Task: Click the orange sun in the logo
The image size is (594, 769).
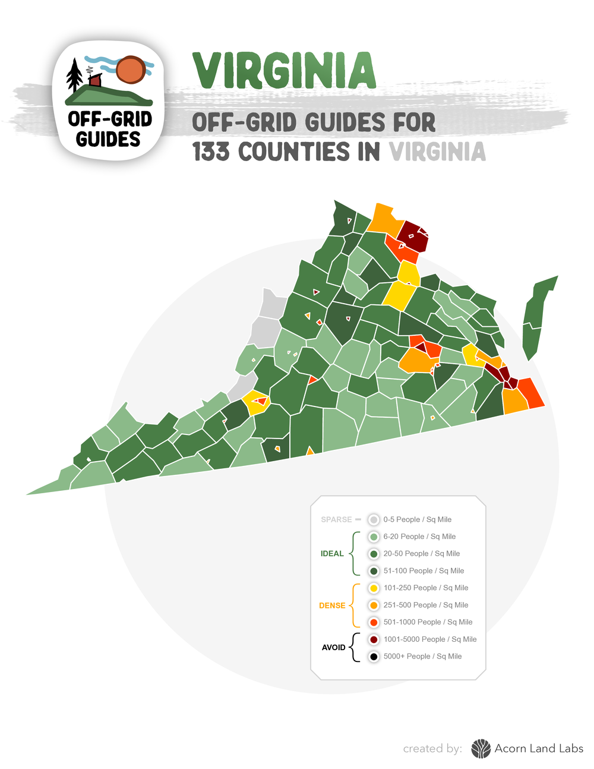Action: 131,70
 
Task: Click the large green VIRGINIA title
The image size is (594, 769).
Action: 285,71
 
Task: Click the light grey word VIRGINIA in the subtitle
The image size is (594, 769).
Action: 437,152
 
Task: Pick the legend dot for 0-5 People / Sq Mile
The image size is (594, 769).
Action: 374,519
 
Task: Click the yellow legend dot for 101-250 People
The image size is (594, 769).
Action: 374,588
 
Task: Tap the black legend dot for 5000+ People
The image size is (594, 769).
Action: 374,656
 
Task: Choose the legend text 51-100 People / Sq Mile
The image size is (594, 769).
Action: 424,571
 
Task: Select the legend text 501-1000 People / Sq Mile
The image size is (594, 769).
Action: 428,622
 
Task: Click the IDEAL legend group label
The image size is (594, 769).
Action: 332,553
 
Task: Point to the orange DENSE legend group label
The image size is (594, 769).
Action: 332,606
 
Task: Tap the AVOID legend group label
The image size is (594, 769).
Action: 333,647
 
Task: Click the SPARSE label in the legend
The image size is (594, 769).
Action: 336,519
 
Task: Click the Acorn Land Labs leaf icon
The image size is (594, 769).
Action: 481,749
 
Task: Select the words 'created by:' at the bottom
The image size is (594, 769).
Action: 432,749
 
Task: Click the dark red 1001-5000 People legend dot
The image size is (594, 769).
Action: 374,639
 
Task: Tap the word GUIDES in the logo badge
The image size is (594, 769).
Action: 108,139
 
